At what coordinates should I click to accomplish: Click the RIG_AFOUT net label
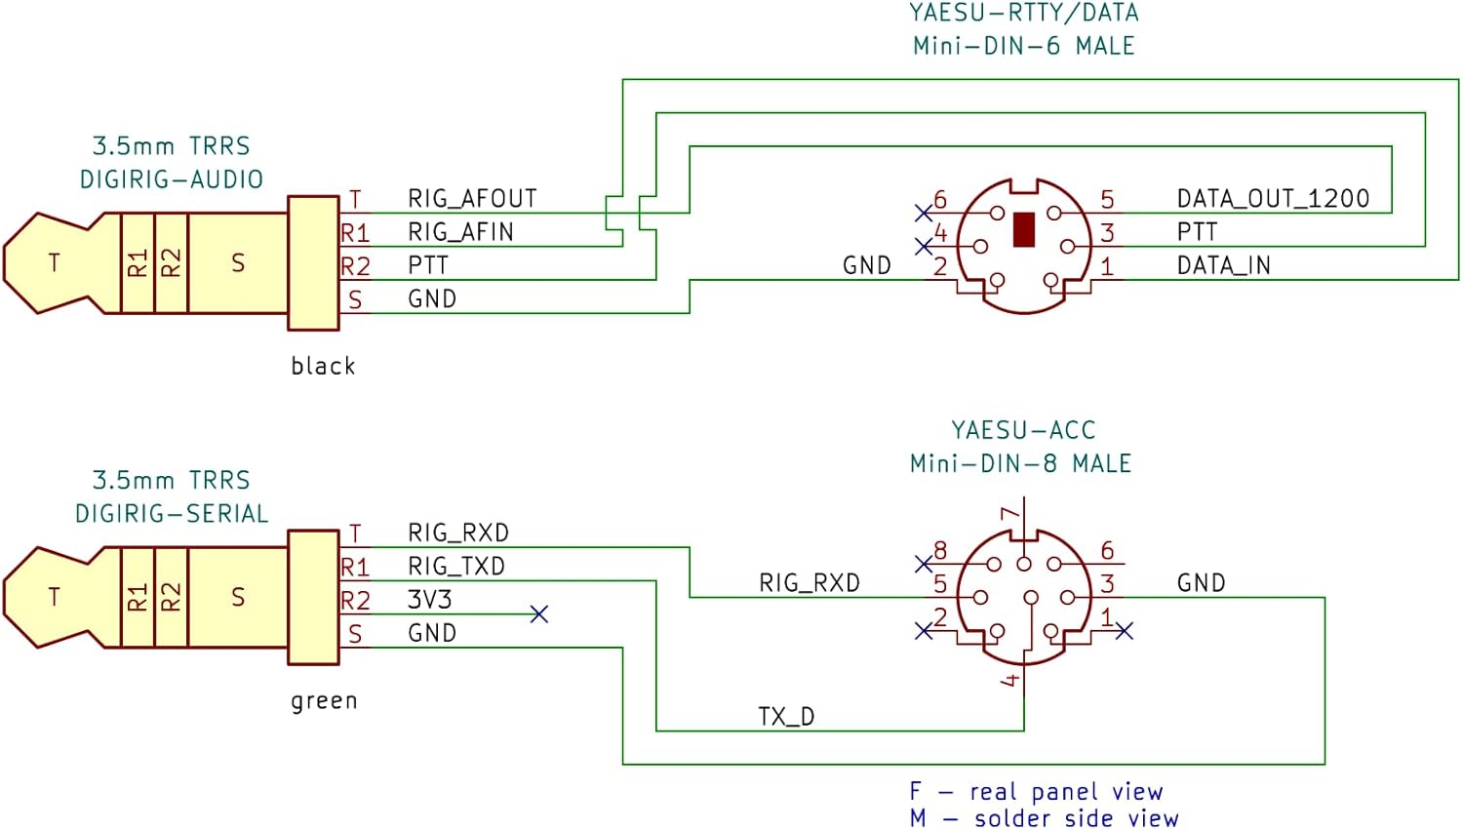point(472,199)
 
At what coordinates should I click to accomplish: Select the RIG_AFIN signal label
point(460,232)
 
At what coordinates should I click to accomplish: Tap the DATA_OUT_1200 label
point(1273,199)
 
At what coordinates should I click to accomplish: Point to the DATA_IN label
point(1223,265)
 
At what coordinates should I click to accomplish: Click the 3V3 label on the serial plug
point(429,599)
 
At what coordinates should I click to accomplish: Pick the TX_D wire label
point(786,717)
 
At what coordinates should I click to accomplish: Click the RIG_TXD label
point(456,566)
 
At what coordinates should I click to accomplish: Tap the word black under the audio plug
point(323,366)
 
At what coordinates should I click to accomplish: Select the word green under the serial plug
point(324,700)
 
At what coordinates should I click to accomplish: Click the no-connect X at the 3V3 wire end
point(538,614)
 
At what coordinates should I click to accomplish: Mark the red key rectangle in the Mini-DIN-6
point(1023,230)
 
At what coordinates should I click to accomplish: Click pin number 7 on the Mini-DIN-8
point(1010,513)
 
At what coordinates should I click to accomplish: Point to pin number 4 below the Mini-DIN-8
point(1011,679)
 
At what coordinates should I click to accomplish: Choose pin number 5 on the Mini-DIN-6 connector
point(1107,200)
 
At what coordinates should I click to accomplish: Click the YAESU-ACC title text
point(1023,430)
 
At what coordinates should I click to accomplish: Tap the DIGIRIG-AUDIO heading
point(172,179)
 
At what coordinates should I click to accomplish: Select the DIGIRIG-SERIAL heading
point(172,514)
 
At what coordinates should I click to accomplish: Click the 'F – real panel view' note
point(1036,791)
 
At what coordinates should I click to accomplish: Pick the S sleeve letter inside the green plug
point(238,597)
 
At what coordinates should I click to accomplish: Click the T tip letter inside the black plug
point(54,262)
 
